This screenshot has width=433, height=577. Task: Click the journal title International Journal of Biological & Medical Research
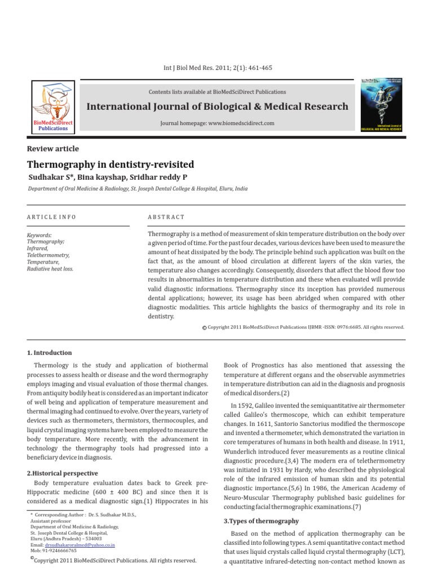pos(217,106)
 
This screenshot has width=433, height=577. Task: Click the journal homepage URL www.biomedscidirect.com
pos(238,123)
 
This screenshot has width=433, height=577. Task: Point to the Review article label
pos(53,149)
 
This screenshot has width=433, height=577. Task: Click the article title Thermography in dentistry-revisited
pos(111,165)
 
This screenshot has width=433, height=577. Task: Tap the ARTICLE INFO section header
pos(51,217)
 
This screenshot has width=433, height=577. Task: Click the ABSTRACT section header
pos(166,217)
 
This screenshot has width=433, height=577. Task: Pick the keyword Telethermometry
pos(48,255)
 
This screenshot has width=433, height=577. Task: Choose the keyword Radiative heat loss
pos(50,269)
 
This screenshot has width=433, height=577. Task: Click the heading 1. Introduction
pos(50,353)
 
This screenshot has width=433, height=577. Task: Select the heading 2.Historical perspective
pos(63,473)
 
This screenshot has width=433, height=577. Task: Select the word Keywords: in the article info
pos(39,235)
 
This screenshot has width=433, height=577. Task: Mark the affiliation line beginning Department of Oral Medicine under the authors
pos(138,189)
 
